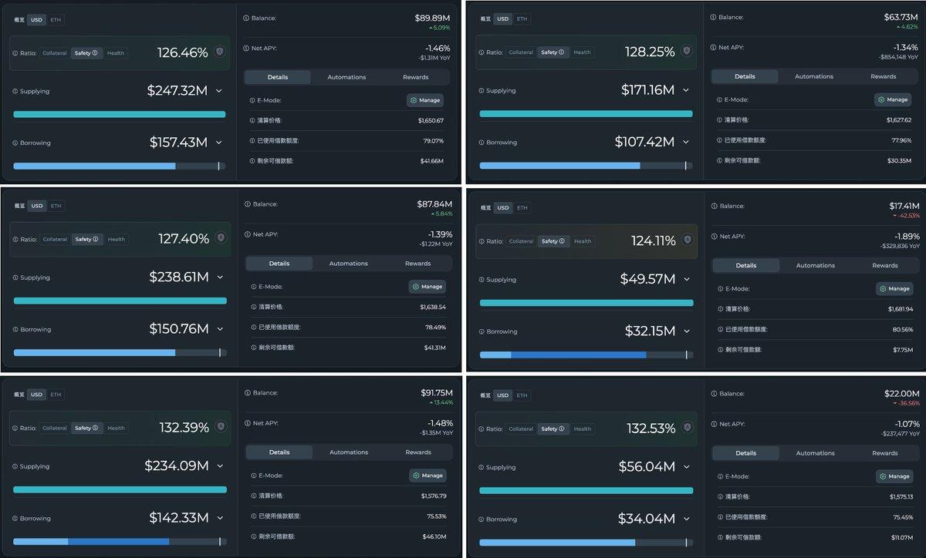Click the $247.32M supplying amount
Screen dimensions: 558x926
pyautogui.click(x=177, y=91)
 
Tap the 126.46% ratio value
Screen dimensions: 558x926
pyautogui.click(x=182, y=53)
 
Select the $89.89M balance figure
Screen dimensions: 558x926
pyautogui.click(x=432, y=18)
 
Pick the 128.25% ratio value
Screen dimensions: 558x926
pyautogui.click(x=649, y=52)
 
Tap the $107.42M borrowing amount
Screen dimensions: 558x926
pyautogui.click(x=644, y=142)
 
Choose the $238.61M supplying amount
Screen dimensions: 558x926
pyautogui.click(x=178, y=277)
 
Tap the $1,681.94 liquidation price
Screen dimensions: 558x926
pyautogui.click(x=900, y=308)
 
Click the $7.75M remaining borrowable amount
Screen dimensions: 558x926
pyautogui.click(x=903, y=349)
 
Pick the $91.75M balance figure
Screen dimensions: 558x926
pyautogui.click(x=434, y=392)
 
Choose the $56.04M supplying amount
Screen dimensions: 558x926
pyautogui.click(x=647, y=467)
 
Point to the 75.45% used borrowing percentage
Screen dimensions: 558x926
pyautogui.click(x=901, y=516)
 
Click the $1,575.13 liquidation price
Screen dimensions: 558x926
pyautogui.click(x=900, y=496)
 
